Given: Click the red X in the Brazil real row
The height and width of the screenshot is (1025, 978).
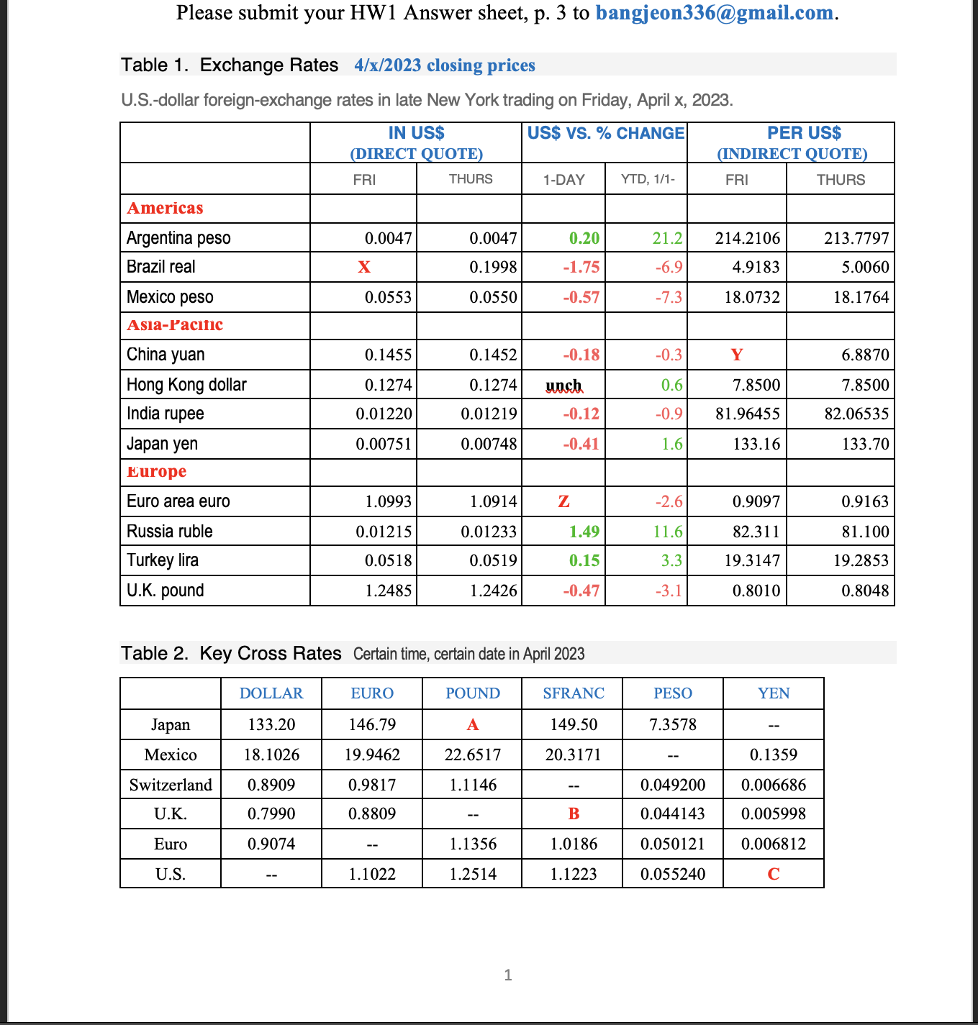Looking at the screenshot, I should click(364, 267).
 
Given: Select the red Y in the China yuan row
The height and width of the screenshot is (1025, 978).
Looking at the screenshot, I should click(736, 355).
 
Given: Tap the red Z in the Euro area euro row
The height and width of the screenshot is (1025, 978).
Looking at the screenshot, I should click(563, 501).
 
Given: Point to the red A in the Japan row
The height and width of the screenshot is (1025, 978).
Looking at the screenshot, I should click(472, 724).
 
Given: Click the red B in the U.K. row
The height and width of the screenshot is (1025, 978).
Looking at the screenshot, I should click(573, 814).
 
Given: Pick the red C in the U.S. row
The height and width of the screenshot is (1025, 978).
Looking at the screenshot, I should click(773, 874).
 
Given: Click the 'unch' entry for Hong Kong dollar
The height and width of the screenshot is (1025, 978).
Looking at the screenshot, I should click(563, 386).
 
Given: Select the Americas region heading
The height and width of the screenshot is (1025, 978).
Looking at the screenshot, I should click(165, 208).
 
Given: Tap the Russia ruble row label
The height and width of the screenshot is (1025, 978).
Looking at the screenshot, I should click(169, 532).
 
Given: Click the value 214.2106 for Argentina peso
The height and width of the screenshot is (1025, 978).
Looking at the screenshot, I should click(747, 238).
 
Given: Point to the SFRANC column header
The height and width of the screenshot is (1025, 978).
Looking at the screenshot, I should click(573, 693).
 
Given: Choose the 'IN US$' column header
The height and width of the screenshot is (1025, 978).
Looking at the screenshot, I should click(416, 133).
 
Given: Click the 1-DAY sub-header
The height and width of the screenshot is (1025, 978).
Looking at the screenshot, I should click(563, 180).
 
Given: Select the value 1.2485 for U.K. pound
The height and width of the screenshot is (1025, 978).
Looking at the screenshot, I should click(388, 591).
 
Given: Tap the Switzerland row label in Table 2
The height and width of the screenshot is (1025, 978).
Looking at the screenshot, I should click(171, 785).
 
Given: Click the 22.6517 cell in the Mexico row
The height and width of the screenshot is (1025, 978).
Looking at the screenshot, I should click(472, 755).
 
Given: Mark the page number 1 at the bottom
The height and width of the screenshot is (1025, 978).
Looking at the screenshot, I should click(508, 975).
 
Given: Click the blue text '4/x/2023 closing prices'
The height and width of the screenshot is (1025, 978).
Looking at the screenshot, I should click(445, 65).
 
